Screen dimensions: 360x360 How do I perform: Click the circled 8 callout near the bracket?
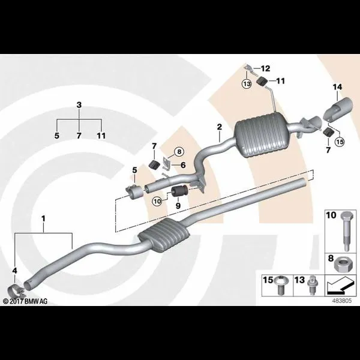(x=179, y=152)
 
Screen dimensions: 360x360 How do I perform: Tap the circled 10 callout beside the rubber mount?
(x=157, y=202)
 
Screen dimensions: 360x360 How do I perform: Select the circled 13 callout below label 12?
(x=247, y=84)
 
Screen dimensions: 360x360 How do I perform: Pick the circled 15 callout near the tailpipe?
(x=340, y=142)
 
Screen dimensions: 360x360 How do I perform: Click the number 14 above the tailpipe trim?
(x=337, y=87)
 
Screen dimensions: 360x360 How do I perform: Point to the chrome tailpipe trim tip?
(x=338, y=109)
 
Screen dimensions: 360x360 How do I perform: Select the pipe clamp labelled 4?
(x=15, y=290)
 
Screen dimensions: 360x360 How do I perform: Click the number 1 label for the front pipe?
(x=43, y=218)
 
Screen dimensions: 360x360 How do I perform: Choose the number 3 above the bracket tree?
(x=79, y=105)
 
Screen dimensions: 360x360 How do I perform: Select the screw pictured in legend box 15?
(x=280, y=286)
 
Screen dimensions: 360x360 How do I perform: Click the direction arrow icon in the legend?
(x=340, y=286)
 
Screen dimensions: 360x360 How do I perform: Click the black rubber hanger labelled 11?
(x=262, y=82)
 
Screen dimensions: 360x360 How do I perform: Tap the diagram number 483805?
(x=342, y=301)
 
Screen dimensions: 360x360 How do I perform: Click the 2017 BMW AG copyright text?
(x=25, y=301)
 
